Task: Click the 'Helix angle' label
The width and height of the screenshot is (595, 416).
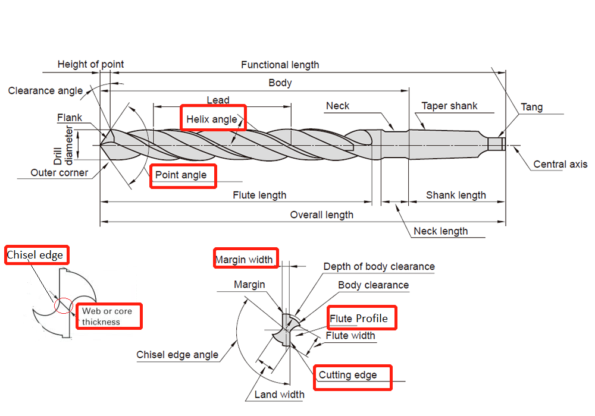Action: [x=212, y=119]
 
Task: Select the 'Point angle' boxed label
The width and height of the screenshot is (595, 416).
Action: [x=181, y=175]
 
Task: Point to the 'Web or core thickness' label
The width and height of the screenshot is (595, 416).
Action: [x=107, y=316]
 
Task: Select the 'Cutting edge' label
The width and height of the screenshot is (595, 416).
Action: [x=347, y=375]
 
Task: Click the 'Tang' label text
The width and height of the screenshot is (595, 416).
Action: [x=531, y=107]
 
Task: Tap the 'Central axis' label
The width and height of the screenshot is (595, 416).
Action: [x=560, y=165]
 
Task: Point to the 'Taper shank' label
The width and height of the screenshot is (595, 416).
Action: [x=449, y=106]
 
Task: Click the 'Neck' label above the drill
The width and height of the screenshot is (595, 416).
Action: [x=337, y=106]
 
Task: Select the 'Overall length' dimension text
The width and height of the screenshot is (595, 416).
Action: [x=321, y=215]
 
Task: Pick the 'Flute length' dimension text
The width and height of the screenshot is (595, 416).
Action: [x=259, y=195]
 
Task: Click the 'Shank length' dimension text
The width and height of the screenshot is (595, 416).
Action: [x=456, y=195]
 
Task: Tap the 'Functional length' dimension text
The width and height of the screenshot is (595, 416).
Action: [x=280, y=65]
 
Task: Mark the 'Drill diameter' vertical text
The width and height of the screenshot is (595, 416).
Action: [x=63, y=145]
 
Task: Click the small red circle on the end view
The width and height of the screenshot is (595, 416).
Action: [x=63, y=305]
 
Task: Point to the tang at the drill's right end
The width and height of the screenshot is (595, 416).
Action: [x=496, y=144]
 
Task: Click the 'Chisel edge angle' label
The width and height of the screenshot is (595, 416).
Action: [x=177, y=355]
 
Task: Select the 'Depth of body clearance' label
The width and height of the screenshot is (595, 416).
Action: [x=379, y=267]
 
